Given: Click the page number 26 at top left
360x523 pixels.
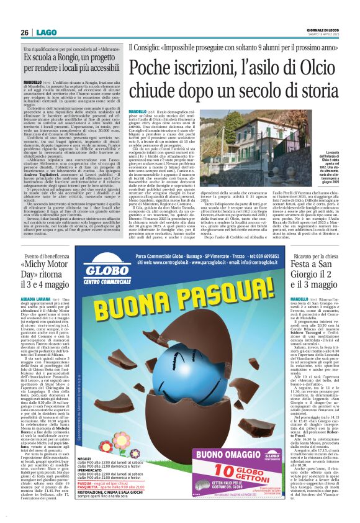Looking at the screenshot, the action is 24,32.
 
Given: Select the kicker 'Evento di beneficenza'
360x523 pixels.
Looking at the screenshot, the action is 50,256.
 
